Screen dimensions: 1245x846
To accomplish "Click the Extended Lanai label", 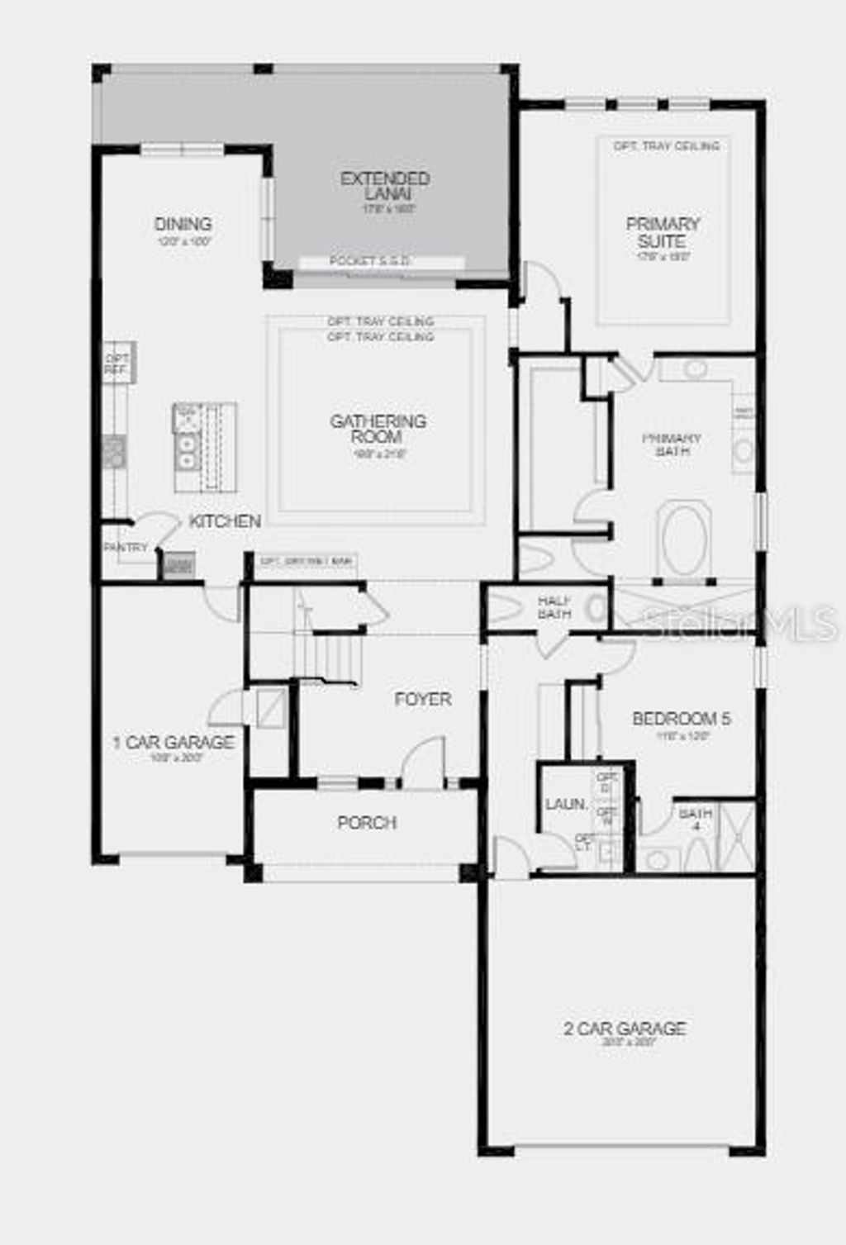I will pyautogui.click(x=385, y=186).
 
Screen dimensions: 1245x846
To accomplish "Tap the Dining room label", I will pyautogui.click(x=183, y=224).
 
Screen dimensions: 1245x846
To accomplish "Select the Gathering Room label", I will pyautogui.click(x=378, y=429).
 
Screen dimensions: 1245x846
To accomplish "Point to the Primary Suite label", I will pyautogui.click(x=663, y=232).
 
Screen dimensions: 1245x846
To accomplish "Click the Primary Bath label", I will pyautogui.click(x=672, y=444).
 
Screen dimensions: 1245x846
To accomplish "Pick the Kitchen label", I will pyautogui.click(x=225, y=521).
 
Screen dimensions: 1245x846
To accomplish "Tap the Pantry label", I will pyautogui.click(x=126, y=547).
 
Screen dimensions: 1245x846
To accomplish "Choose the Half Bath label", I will pyautogui.click(x=554, y=607).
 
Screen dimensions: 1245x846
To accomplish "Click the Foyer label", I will pyautogui.click(x=423, y=700).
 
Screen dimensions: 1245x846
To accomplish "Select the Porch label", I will pyautogui.click(x=367, y=823).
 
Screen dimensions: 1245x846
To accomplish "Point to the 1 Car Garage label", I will pyautogui.click(x=173, y=743).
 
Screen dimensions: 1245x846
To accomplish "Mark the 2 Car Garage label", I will pyautogui.click(x=625, y=1029).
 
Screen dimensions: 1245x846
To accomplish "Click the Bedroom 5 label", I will pyautogui.click(x=682, y=719).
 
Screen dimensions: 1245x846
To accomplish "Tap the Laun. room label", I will pyautogui.click(x=566, y=804).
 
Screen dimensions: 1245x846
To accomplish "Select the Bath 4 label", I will pyautogui.click(x=696, y=819).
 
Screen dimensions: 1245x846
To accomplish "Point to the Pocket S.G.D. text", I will pyautogui.click(x=370, y=261).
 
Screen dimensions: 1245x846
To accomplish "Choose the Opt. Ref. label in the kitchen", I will pyautogui.click(x=115, y=364).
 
